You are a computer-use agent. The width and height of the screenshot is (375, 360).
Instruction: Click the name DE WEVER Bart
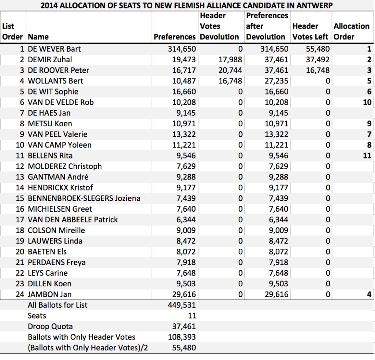point(55,49)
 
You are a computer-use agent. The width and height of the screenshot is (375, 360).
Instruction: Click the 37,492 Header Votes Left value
point(318,60)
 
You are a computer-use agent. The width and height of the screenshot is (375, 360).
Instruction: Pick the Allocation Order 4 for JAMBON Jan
point(369,294)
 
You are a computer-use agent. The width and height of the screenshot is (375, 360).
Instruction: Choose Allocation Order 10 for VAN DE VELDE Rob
point(367,103)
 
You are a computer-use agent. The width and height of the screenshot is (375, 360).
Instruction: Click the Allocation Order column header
point(351,31)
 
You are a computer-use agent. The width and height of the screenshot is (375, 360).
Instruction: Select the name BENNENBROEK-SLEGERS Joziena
point(84,198)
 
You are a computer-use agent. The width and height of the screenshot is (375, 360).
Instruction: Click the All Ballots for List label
point(57,305)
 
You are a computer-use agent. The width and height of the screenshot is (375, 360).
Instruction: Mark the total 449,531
point(184,305)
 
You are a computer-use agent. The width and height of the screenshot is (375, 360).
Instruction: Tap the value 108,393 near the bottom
point(184,337)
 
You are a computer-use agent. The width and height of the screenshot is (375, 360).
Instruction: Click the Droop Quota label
point(50,326)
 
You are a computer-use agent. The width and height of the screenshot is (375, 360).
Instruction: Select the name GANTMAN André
point(58,177)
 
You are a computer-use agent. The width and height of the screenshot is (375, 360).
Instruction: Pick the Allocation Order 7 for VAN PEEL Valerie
point(369,134)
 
